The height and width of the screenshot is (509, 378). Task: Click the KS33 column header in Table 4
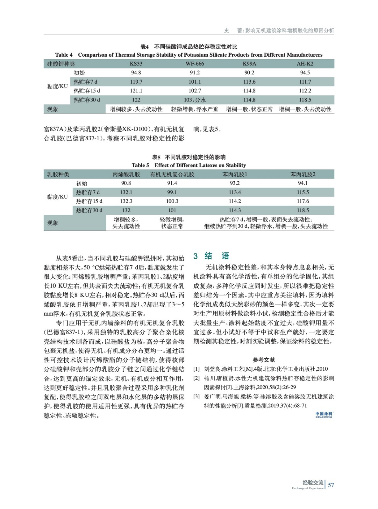(136, 64)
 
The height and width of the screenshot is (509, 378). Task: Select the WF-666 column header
(195, 64)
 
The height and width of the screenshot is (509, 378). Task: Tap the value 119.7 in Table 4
(136, 82)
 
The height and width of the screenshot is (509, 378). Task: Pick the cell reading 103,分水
(195, 100)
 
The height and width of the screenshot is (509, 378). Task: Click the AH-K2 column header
(305, 64)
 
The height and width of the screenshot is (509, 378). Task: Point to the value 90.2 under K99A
(249, 73)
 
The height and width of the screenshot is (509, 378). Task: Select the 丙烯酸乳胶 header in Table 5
(126, 174)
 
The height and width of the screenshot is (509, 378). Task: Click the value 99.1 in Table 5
(172, 192)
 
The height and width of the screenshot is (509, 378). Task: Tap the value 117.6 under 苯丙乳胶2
(303, 201)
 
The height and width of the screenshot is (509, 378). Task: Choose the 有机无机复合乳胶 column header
(172, 174)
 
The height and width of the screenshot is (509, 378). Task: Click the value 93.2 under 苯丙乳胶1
(235, 183)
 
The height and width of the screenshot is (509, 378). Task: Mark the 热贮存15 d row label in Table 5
(89, 201)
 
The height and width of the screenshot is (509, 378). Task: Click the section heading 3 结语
(211, 256)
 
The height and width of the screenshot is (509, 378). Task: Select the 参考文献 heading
(264, 360)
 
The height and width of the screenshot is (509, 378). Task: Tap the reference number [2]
(196, 378)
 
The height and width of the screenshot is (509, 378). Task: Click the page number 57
(331, 485)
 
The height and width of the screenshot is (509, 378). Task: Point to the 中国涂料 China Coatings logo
(324, 415)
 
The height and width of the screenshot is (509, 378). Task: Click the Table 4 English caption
(189, 55)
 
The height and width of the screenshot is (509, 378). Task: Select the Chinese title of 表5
(189, 157)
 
